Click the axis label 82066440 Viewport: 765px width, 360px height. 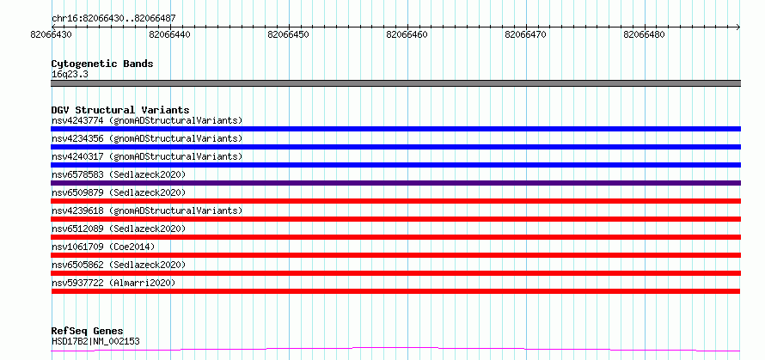coord(170,35)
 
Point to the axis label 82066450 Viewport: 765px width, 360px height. coord(288,35)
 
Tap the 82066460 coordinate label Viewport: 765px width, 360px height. coord(407,35)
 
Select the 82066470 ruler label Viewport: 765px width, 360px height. coord(525,35)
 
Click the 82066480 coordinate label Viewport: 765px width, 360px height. coord(644,35)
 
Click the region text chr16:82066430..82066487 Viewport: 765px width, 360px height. coord(113,19)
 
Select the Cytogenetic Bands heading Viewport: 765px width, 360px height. coord(102,64)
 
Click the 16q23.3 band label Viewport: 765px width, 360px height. coord(70,75)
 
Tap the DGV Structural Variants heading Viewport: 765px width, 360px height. coord(120,110)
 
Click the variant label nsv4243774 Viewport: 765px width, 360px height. coord(77,120)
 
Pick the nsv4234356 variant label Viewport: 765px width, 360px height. coord(77,138)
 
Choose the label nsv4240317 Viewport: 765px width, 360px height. coord(77,156)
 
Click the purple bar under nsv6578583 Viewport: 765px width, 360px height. coord(395,183)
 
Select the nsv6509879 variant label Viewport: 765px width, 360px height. coord(77,192)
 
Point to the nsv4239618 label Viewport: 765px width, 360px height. coord(77,211)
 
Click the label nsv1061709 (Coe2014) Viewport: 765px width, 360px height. coord(103,247)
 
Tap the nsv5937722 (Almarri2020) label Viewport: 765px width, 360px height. coord(113,283)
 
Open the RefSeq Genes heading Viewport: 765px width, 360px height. coord(88,332)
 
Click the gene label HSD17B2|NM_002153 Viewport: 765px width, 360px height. coord(95,341)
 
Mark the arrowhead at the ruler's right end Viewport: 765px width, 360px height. coord(738,27)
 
